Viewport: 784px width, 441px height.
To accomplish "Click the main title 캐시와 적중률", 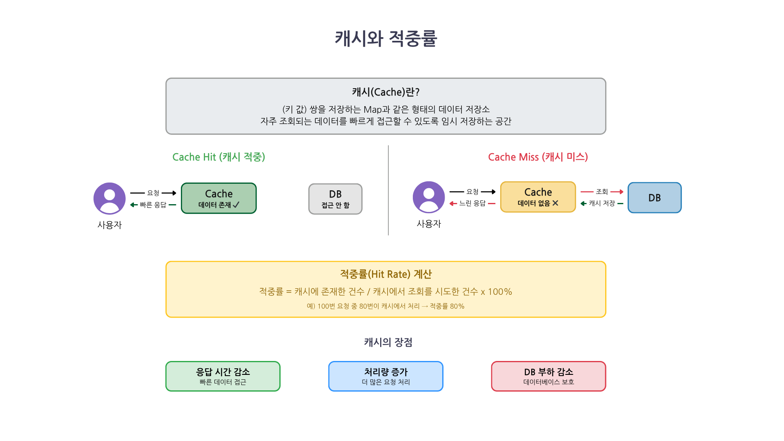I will (x=386, y=39).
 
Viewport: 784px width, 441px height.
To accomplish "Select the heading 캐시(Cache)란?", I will (x=386, y=92).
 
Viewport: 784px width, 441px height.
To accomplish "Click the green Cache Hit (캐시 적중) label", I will (x=219, y=157).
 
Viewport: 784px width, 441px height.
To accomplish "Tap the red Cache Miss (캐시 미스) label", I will (x=538, y=157).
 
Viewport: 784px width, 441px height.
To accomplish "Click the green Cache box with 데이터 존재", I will (x=219, y=198).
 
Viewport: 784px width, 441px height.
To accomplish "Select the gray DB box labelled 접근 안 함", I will (x=335, y=199).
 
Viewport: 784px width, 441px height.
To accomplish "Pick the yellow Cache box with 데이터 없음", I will (x=538, y=197).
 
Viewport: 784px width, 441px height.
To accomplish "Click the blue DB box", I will (x=654, y=198).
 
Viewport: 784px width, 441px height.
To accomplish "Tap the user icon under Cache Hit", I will (x=109, y=198).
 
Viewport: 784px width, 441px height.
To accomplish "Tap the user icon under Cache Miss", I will (x=429, y=197).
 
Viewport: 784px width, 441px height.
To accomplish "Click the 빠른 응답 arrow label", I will (x=153, y=205).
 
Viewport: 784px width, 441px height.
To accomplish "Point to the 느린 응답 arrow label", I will (x=472, y=203).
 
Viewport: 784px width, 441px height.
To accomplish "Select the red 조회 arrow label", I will (x=602, y=192).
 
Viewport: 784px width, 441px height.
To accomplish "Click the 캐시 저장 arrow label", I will (x=602, y=203).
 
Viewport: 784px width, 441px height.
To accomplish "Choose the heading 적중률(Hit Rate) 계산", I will (x=386, y=274).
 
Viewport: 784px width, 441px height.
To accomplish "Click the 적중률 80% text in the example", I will (x=447, y=306).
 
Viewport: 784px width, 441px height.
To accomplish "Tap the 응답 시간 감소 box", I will (x=223, y=376).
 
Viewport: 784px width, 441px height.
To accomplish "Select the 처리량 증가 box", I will (x=386, y=376).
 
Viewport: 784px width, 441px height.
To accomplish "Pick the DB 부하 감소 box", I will (x=548, y=376).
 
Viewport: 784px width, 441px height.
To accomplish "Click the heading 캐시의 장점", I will (x=388, y=342).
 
